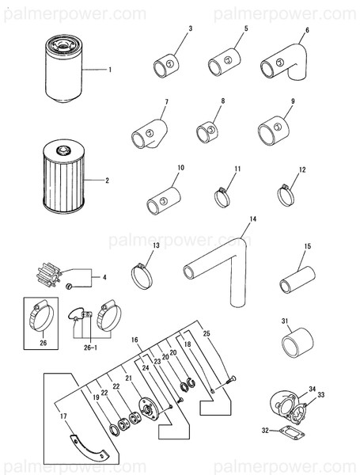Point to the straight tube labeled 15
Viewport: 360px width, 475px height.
[297, 282]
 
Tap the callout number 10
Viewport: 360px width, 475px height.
[180, 168]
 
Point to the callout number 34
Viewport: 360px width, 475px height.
[312, 388]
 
